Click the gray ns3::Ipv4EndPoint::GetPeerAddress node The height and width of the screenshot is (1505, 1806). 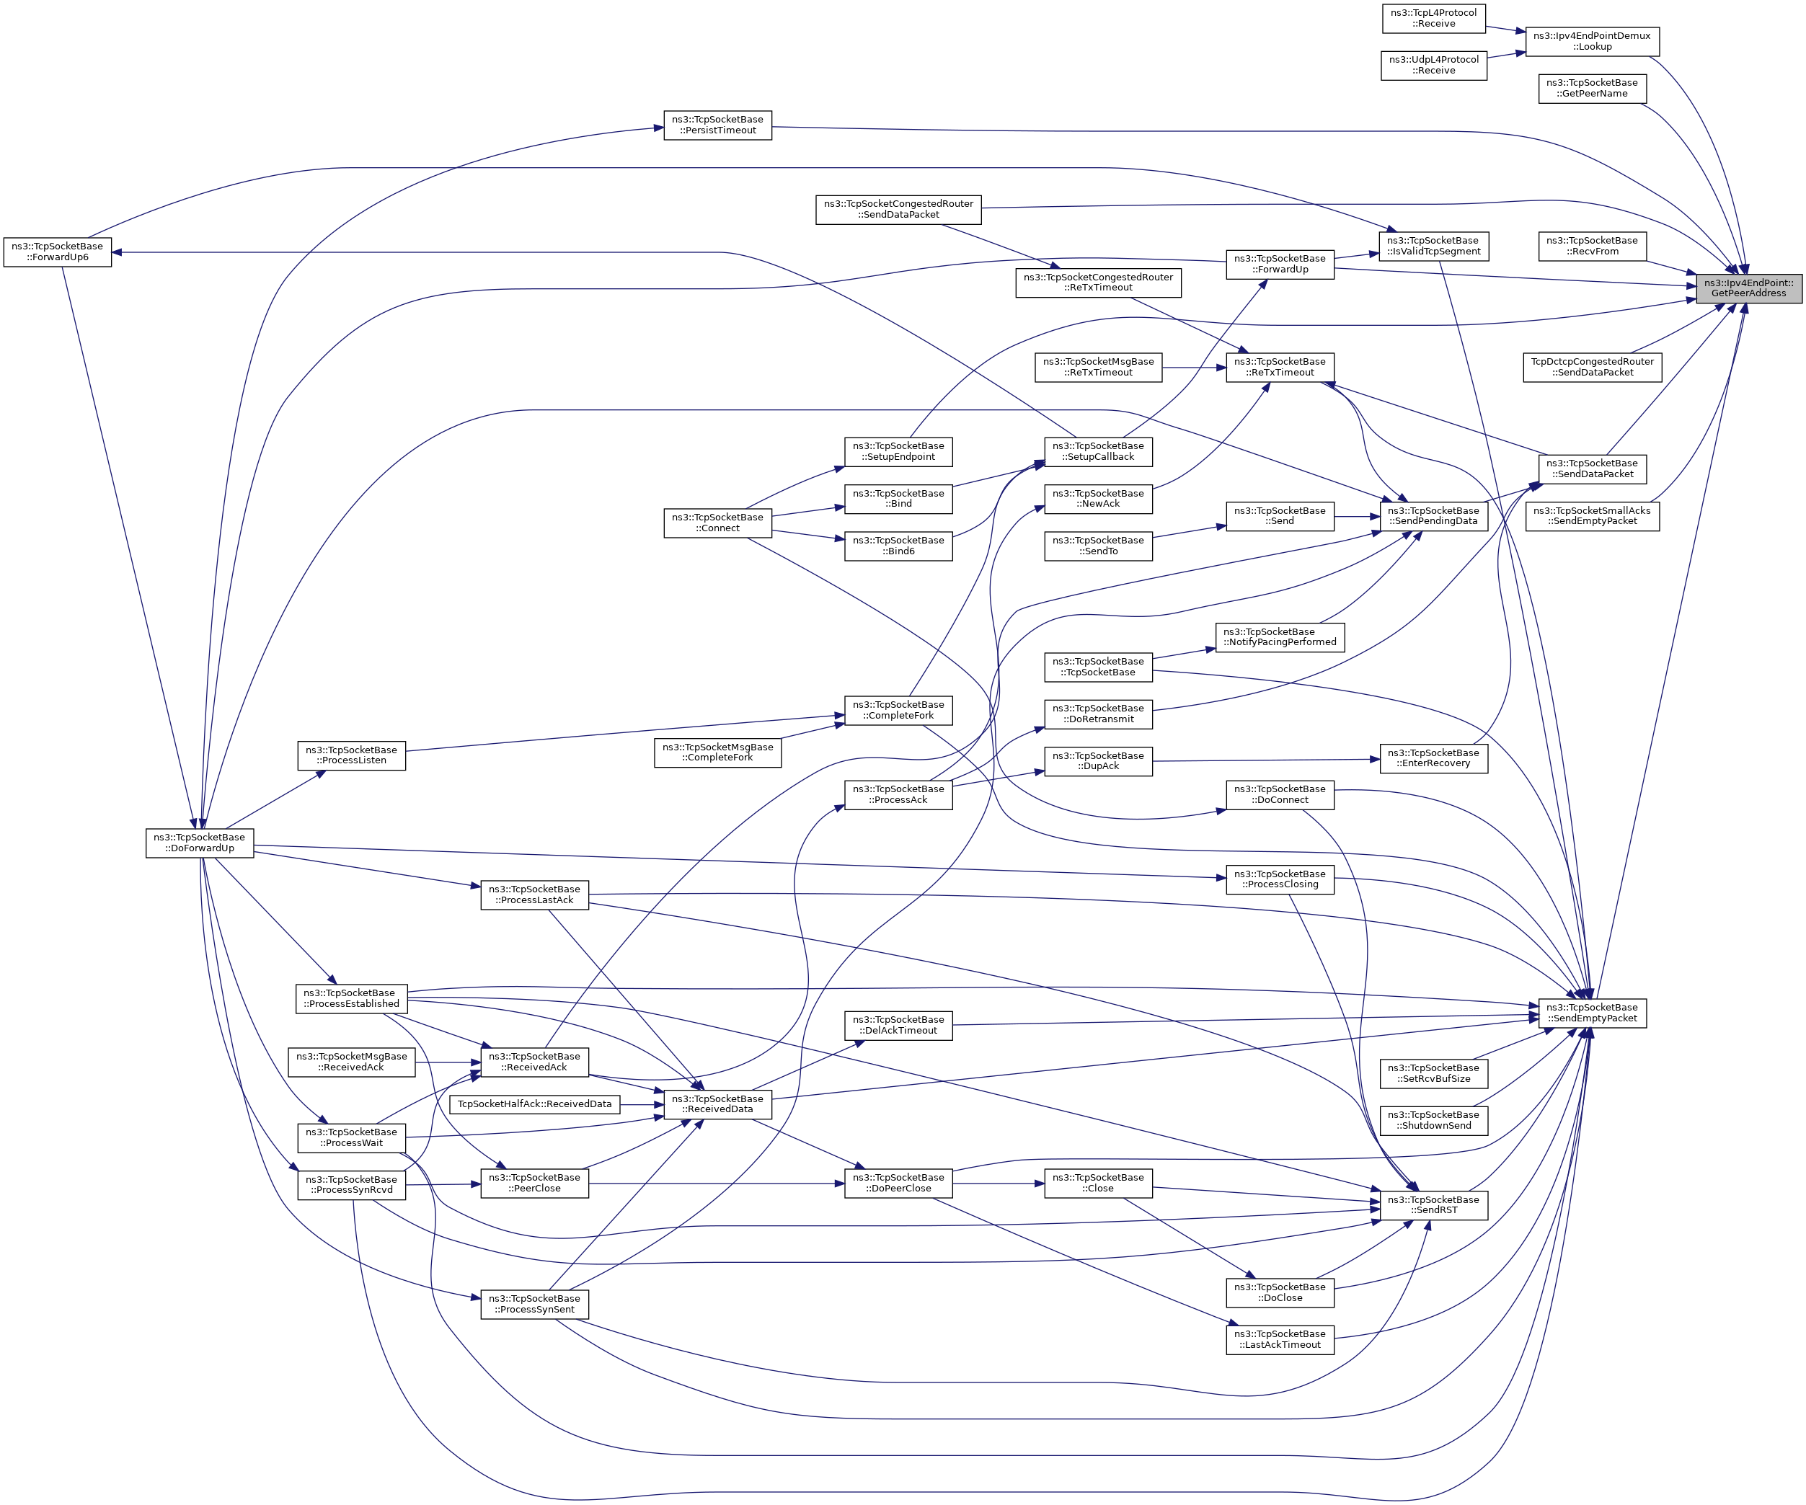point(1748,288)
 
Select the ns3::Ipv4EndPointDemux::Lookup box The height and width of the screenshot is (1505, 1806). point(1591,41)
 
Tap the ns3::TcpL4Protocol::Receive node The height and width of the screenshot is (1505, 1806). point(1433,18)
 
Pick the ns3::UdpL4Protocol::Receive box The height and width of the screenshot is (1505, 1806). point(1433,66)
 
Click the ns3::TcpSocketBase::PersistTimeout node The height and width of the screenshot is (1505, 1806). point(717,125)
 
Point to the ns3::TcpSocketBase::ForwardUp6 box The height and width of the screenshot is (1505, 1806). point(58,252)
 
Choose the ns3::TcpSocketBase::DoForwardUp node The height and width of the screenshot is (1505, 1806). point(200,843)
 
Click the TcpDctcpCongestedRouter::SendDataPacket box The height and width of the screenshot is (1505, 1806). point(1592,367)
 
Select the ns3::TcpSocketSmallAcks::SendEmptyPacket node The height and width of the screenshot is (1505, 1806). point(1592,516)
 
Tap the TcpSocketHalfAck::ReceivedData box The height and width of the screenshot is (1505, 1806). point(534,1104)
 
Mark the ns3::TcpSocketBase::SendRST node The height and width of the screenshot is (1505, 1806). point(1433,1205)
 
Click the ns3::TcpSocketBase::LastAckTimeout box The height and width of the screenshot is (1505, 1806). point(1280,1339)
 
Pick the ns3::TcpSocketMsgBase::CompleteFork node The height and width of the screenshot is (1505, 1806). point(717,752)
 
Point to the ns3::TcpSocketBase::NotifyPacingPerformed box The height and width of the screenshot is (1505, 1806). point(1280,636)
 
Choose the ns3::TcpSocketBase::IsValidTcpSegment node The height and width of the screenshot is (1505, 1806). point(1433,246)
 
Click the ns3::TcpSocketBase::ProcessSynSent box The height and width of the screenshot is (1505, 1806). point(534,1304)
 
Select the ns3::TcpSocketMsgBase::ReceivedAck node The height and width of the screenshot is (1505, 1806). point(351,1062)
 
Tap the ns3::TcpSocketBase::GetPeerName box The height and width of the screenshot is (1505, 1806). point(1592,89)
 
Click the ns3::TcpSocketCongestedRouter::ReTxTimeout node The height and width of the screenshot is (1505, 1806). point(1097,282)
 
